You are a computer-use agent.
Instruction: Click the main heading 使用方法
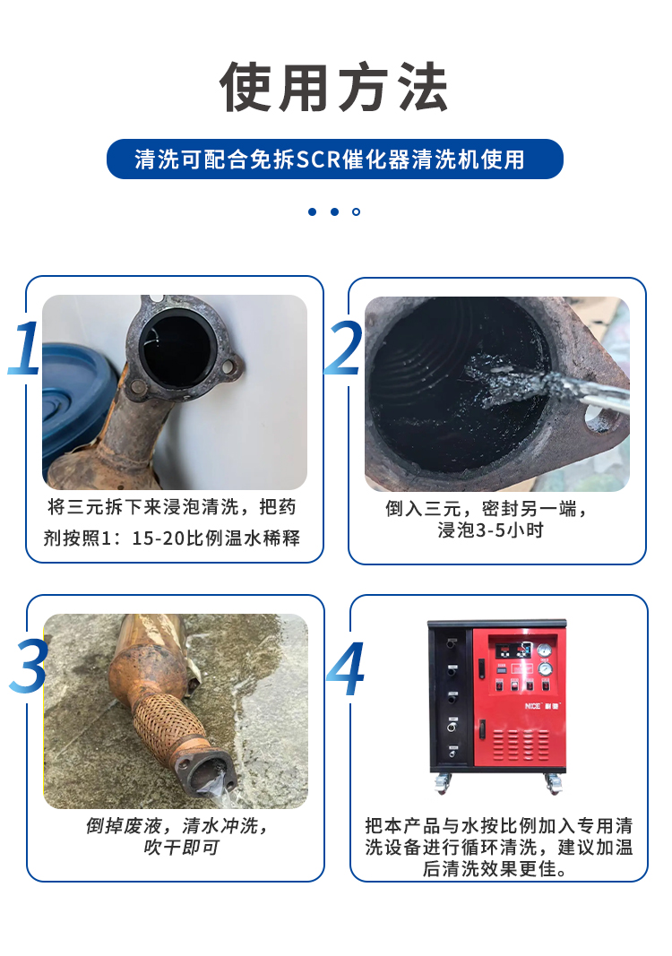334,87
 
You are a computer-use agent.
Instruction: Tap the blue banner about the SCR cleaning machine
335,159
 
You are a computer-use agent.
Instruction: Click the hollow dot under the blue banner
356,211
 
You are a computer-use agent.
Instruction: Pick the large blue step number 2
344,348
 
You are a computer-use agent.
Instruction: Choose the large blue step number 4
346,667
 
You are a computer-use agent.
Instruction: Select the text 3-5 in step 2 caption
490,530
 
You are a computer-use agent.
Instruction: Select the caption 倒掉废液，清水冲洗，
177,825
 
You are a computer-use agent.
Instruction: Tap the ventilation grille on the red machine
521,745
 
